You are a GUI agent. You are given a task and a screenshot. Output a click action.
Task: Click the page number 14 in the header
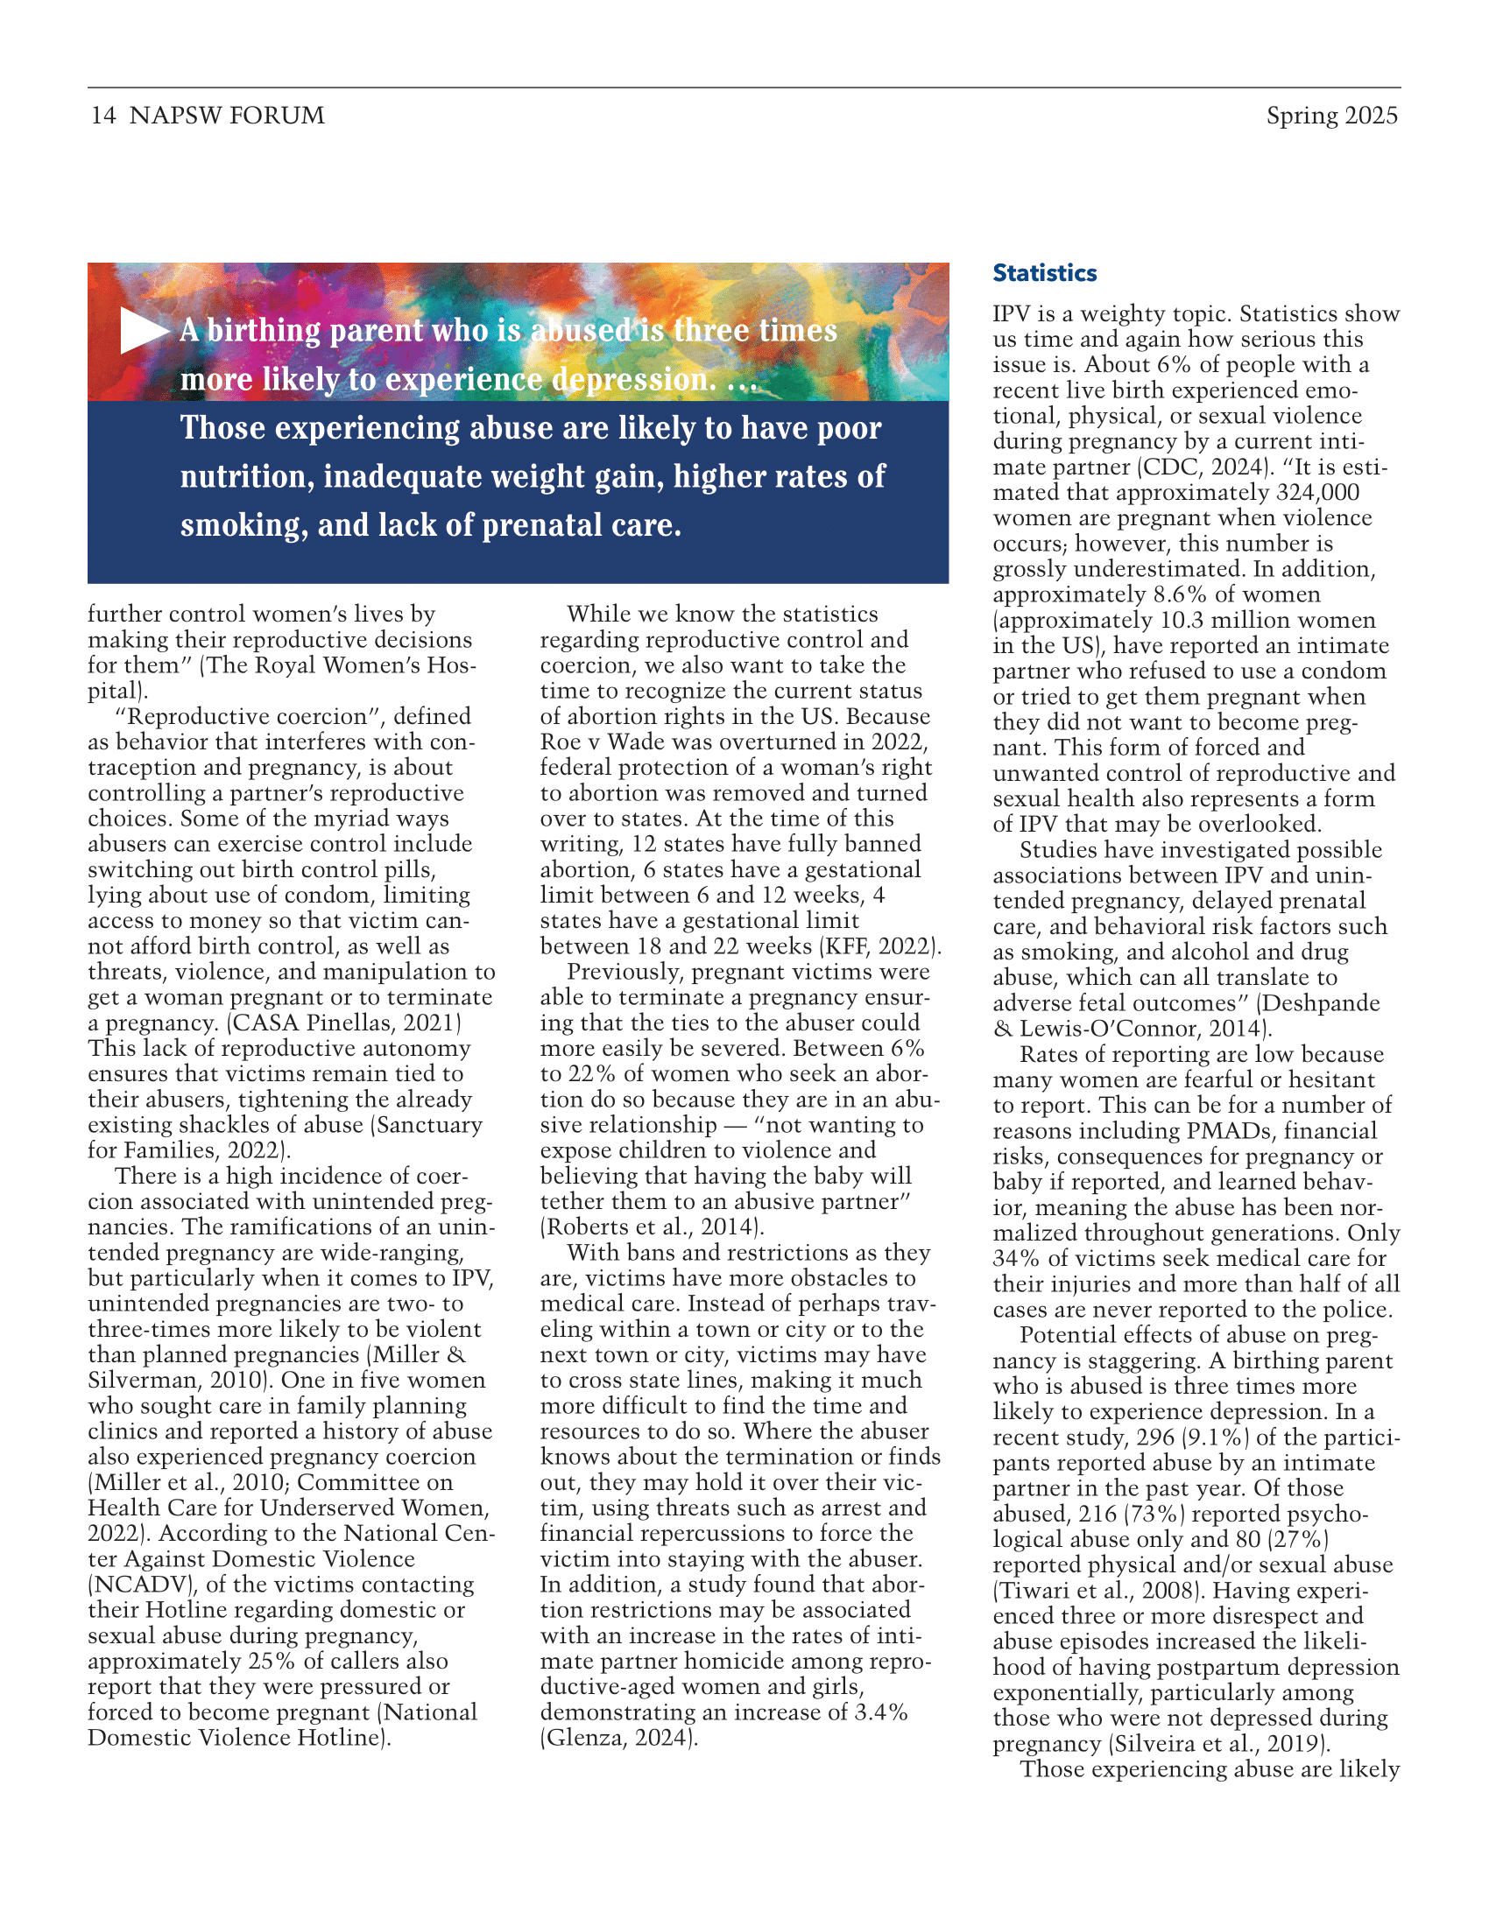point(102,116)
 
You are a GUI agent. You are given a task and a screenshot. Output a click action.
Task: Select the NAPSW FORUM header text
point(227,116)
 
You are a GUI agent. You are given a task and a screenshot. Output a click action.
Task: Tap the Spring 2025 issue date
point(1331,116)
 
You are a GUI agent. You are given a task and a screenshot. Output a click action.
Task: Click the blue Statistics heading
point(1044,273)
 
